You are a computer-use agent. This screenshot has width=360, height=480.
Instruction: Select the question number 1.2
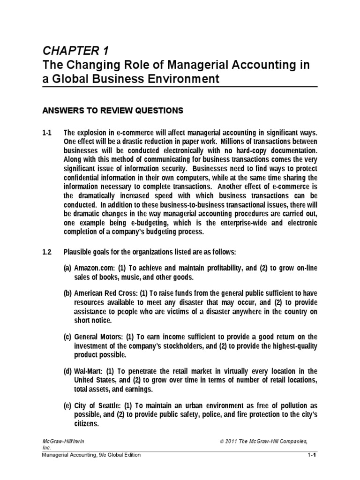tap(47, 252)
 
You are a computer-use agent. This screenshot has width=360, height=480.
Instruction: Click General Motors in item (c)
tap(99, 337)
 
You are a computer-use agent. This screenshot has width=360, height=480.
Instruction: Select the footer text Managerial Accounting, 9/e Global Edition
tap(91, 455)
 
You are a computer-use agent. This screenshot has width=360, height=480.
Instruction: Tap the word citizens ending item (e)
tap(86, 423)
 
